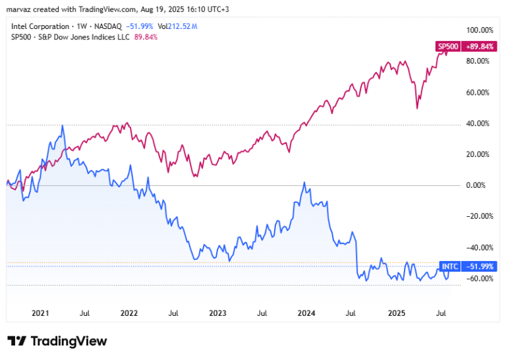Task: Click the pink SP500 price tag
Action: click(x=448, y=47)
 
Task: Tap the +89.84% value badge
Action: click(x=479, y=47)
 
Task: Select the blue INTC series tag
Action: click(x=450, y=266)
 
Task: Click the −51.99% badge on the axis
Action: click(x=479, y=266)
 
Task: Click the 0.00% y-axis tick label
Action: click(x=476, y=185)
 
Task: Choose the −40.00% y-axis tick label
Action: click(x=480, y=248)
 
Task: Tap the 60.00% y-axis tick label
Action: click(x=478, y=93)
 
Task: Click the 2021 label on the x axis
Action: click(x=40, y=313)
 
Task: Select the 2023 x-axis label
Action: click(x=218, y=313)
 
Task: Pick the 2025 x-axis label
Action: click(x=397, y=313)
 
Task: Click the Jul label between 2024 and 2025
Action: click(x=351, y=313)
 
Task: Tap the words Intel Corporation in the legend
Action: click(x=40, y=26)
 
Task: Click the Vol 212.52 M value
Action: click(x=177, y=26)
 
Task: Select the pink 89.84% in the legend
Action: click(x=146, y=37)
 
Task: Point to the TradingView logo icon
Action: click(x=16, y=341)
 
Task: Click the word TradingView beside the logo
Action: click(x=69, y=341)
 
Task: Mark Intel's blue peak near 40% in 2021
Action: click(x=63, y=125)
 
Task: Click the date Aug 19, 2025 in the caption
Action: click(x=159, y=9)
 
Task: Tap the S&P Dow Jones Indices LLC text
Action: click(x=84, y=37)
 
